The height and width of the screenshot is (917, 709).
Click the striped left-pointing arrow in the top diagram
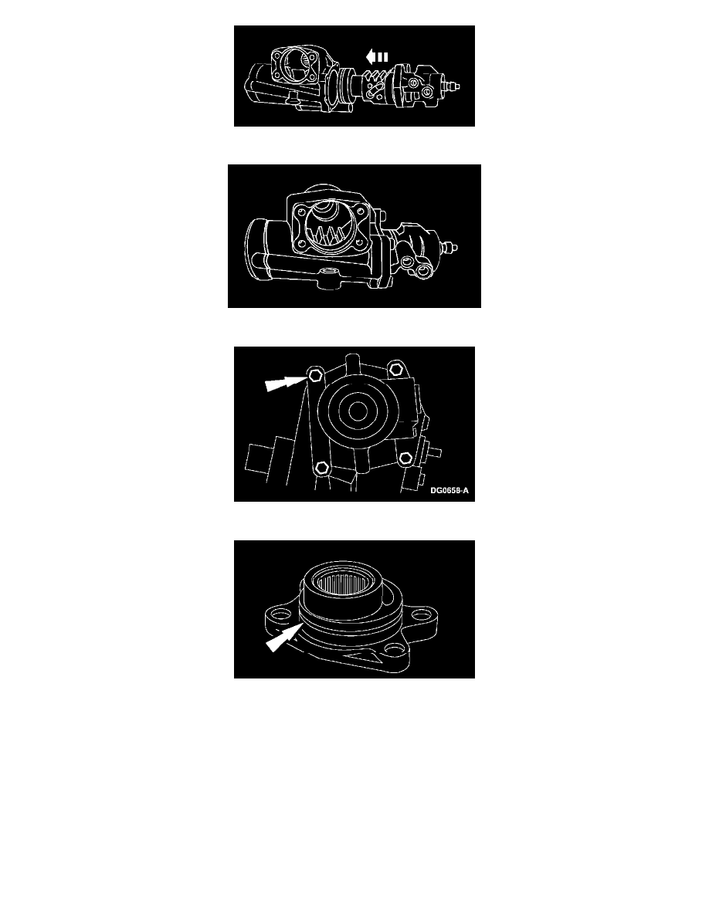377,56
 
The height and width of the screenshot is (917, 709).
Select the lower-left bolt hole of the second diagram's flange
301,244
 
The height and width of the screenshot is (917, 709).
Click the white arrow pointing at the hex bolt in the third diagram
286,384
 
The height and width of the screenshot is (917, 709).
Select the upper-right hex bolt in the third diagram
396,368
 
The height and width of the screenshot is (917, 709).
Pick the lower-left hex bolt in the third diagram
322,467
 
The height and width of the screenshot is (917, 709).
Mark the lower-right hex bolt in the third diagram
405,458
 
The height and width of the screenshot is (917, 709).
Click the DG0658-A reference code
449,491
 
